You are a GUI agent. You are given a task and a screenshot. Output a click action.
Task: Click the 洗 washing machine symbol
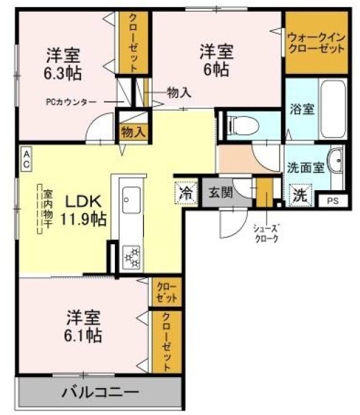click(x=299, y=195)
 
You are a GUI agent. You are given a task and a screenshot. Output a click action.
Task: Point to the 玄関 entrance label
click(x=221, y=192)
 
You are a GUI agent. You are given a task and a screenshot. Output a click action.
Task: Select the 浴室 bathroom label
click(x=301, y=108)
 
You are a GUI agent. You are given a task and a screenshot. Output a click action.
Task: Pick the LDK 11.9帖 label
click(x=85, y=210)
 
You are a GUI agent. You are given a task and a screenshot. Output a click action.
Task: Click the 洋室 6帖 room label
click(x=217, y=59)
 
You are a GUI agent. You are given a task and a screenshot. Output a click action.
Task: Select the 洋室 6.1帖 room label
click(x=84, y=326)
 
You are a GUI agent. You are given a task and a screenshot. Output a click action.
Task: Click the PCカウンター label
click(x=72, y=102)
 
